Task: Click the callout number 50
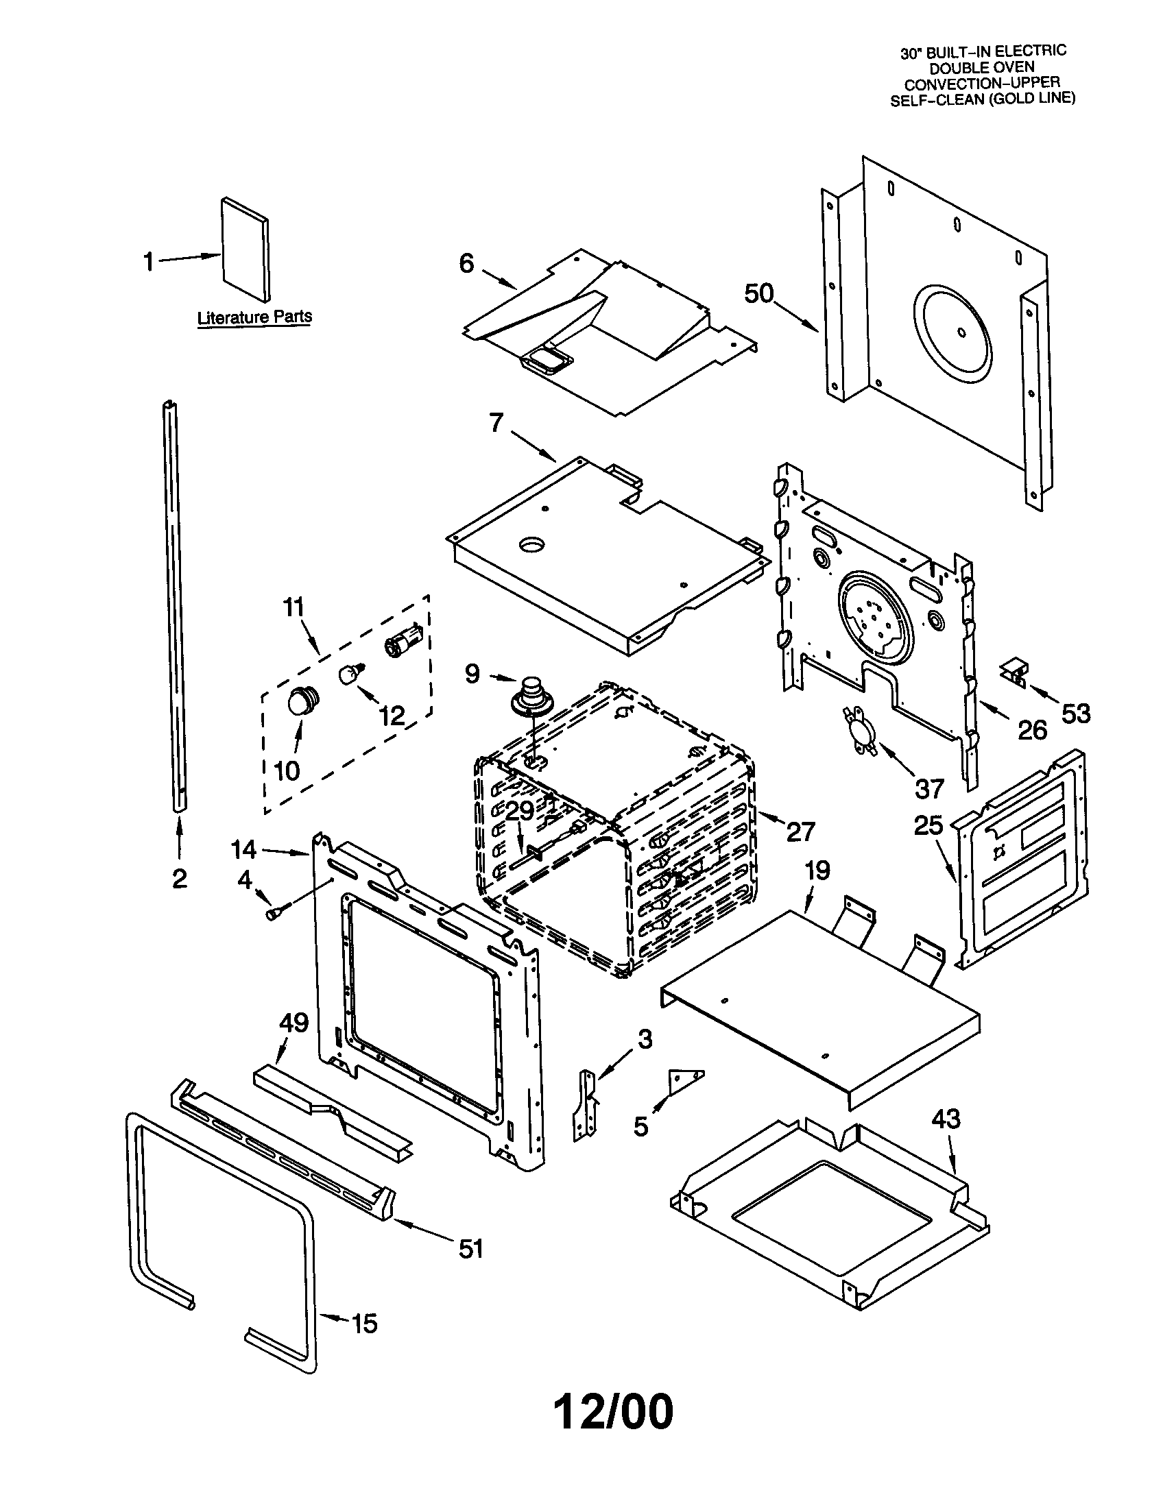(759, 293)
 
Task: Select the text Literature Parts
(254, 317)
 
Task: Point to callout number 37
(929, 787)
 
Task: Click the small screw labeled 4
(274, 913)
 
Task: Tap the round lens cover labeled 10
(302, 701)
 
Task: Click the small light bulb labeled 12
(351, 673)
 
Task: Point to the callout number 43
(946, 1119)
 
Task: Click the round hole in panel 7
(531, 546)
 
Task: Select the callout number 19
(817, 870)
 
